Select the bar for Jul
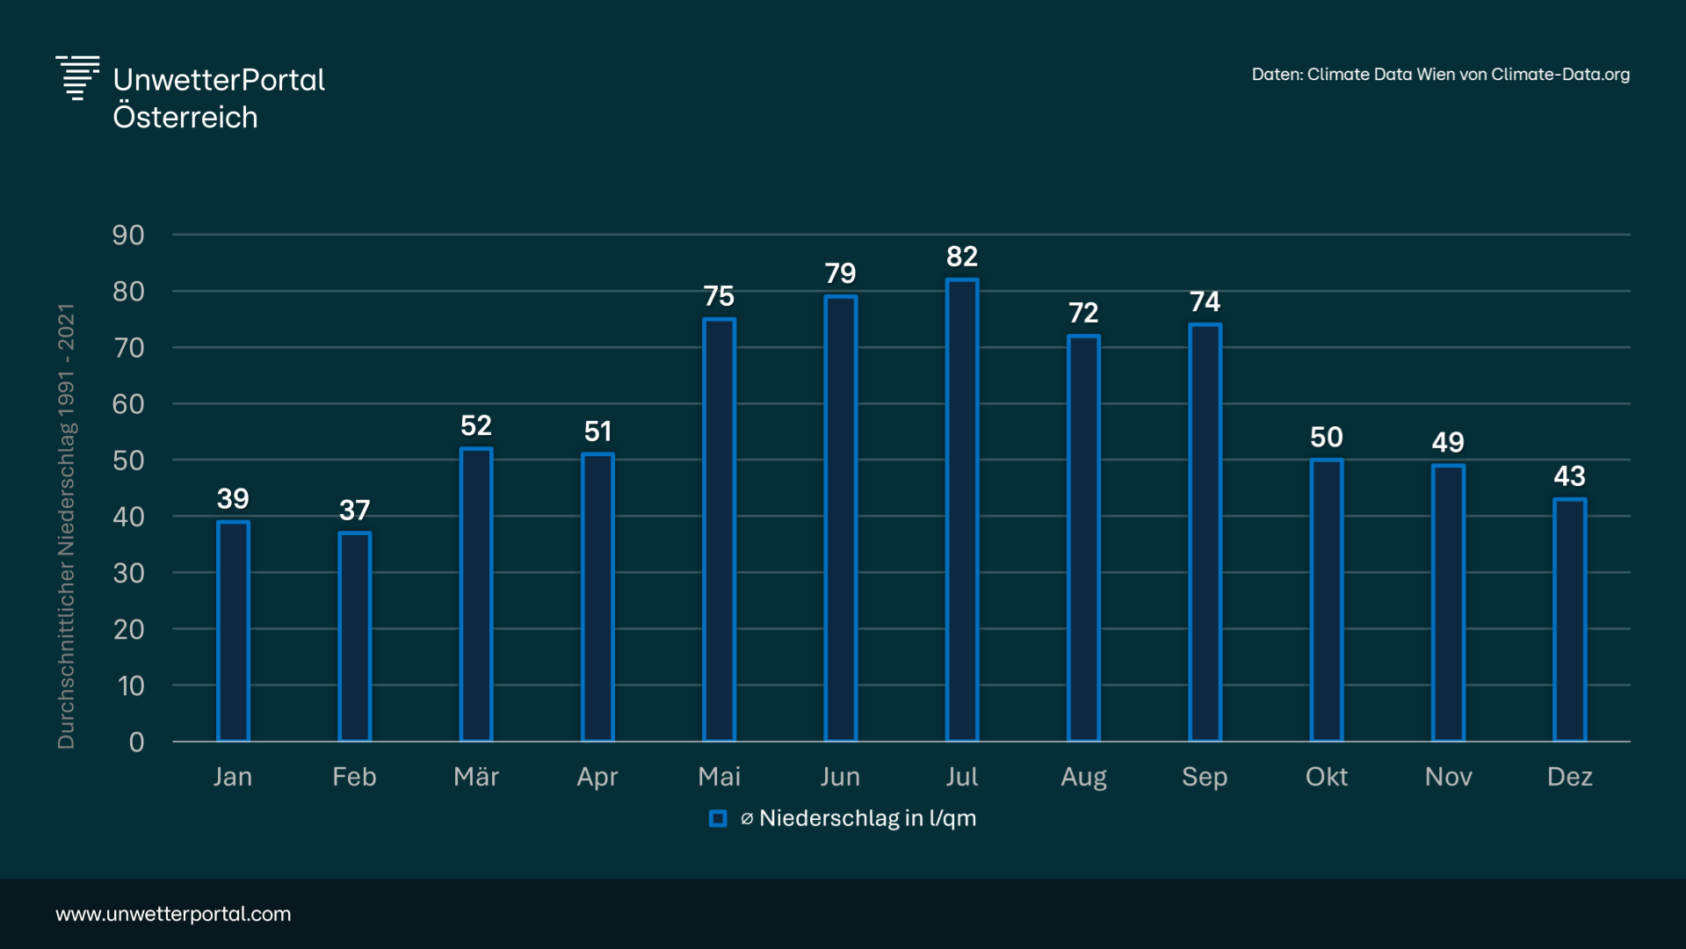coord(962,510)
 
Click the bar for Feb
coord(355,636)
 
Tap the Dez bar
coord(1569,619)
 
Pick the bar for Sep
coord(1205,532)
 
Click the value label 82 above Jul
coord(962,257)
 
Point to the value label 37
coord(355,510)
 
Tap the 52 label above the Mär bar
coord(476,426)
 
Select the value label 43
coord(1569,476)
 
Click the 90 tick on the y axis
coord(128,235)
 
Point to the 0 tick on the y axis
coord(136,743)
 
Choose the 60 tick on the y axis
coord(128,404)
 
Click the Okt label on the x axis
coord(1326,777)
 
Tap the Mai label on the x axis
coord(719,777)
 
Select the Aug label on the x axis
coord(1083,777)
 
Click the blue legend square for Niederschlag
coord(718,819)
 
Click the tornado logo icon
coord(77,77)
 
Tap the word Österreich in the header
coord(185,117)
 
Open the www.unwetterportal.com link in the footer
coord(173,914)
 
